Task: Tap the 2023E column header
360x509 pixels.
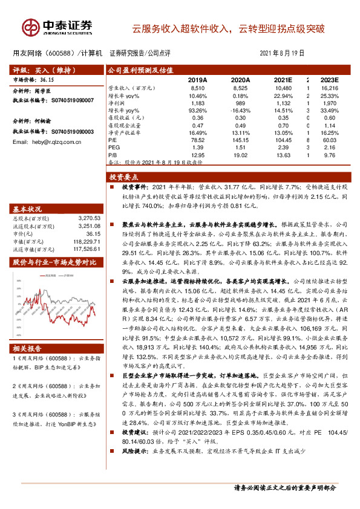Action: point(329,80)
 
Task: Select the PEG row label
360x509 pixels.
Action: point(113,146)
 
